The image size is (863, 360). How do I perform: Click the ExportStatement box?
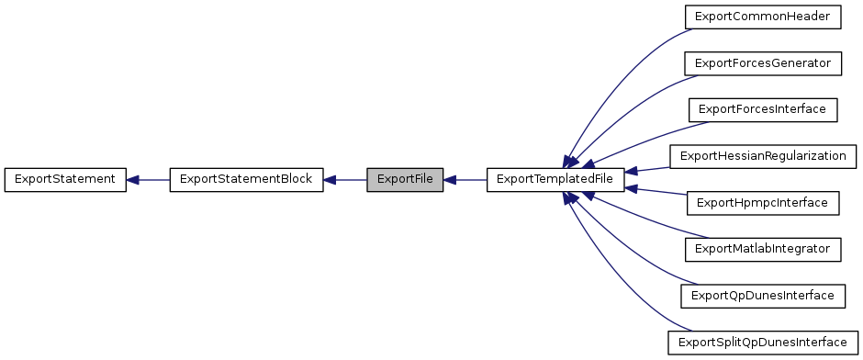coord(64,180)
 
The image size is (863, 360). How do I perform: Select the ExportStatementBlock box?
coord(246,180)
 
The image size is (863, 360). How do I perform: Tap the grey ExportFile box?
coord(405,180)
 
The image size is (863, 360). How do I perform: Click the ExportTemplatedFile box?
coord(555,180)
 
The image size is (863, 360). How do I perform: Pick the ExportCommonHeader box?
coord(762,17)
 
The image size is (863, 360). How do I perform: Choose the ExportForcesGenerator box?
coord(762,63)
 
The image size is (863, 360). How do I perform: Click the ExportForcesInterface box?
coord(762,109)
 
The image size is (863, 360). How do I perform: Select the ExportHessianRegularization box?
coord(762,156)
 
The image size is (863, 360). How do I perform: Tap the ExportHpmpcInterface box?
coord(762,202)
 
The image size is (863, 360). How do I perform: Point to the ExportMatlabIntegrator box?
coord(762,249)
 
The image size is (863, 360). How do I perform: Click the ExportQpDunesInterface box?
coord(762,296)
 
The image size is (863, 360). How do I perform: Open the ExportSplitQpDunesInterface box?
coord(762,343)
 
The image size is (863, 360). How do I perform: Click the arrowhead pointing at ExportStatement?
coord(132,180)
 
